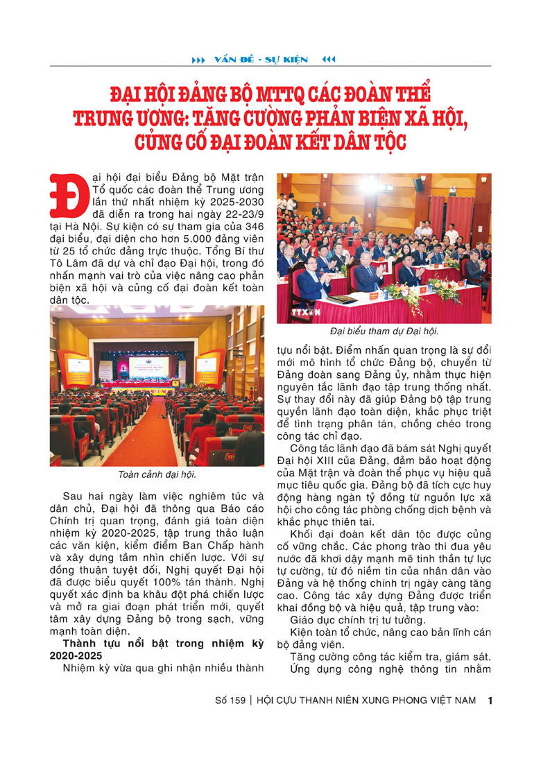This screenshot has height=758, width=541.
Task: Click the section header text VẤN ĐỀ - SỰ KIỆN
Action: tap(261, 60)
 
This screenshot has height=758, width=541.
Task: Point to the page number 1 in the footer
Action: tap(490, 700)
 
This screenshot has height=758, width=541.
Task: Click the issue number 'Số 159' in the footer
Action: tap(230, 700)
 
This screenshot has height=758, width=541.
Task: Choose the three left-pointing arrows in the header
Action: tap(329, 60)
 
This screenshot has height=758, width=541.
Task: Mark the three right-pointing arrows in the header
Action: tap(198, 60)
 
